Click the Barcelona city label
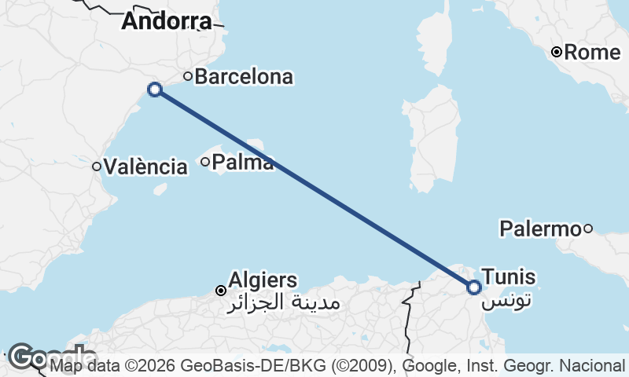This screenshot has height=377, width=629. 244,77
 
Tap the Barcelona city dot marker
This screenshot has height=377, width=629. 188,76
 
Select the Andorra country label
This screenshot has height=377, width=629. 167,21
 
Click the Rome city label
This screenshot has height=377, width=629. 593,53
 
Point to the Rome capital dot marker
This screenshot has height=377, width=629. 557,53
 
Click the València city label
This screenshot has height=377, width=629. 145,167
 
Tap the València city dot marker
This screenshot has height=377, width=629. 97,166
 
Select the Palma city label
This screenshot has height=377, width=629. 243,163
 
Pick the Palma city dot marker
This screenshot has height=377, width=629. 205,163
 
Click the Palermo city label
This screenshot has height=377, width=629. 540,229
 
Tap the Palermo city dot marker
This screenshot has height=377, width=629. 587,229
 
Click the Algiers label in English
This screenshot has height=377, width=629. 263,280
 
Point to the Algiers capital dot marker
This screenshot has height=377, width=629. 221,291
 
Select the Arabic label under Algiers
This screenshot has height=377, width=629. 282,302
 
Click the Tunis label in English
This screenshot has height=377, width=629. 509,276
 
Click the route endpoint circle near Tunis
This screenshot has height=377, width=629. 474,287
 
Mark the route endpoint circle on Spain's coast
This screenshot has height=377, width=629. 155,90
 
